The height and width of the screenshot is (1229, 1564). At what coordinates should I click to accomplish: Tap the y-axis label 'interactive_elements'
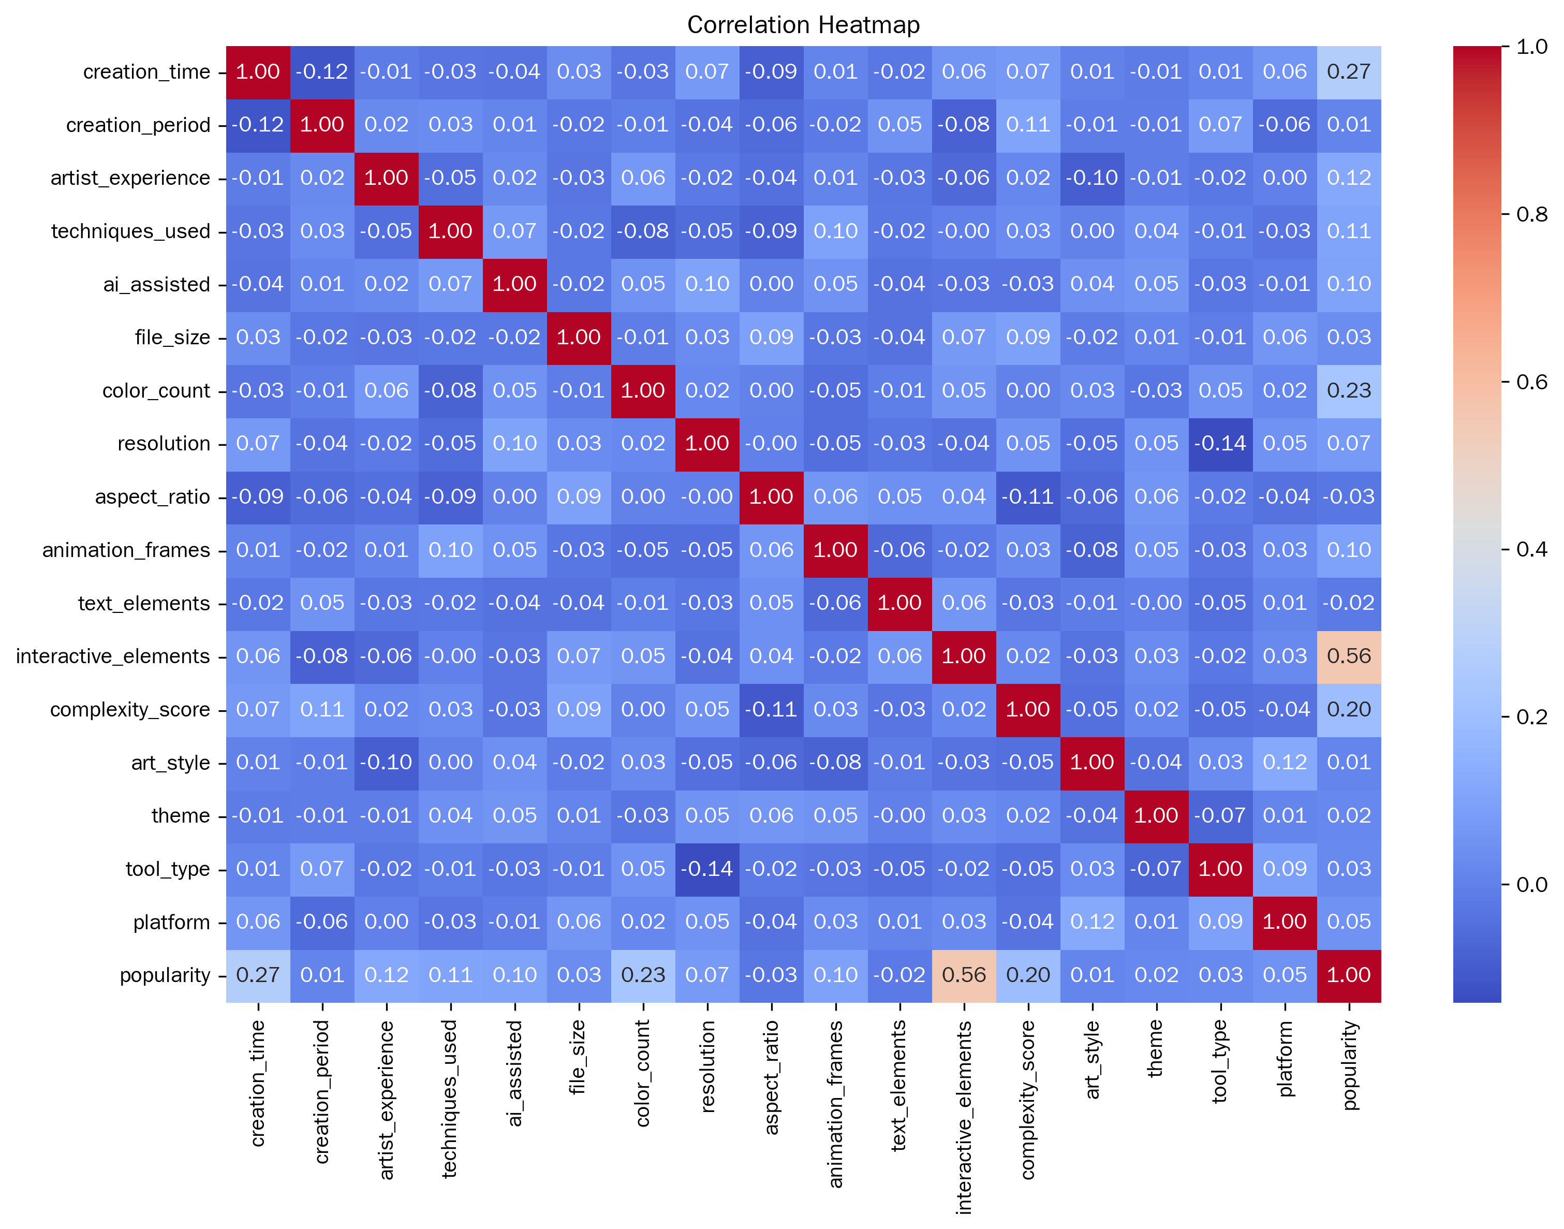(x=112, y=656)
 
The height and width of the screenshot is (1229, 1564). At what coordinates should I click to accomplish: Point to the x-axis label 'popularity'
(x=1350, y=1065)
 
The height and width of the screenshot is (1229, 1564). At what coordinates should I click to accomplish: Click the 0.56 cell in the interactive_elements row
(x=1349, y=656)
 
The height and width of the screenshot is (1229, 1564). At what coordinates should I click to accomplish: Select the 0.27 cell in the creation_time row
(x=1349, y=72)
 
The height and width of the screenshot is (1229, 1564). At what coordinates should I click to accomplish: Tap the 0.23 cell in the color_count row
(x=1349, y=391)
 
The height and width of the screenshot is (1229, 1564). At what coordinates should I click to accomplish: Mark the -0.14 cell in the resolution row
(x=1220, y=444)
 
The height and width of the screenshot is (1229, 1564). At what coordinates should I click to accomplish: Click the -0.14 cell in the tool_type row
(x=706, y=869)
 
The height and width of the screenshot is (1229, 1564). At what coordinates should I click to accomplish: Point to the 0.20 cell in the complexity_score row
(x=1349, y=709)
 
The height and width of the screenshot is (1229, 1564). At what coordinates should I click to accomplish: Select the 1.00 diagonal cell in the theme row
(x=1156, y=816)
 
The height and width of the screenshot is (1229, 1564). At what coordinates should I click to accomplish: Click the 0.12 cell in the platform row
(x=1092, y=921)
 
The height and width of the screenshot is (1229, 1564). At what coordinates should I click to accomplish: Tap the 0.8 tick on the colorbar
(x=1504, y=214)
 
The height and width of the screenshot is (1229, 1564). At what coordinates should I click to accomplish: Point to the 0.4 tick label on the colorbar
(x=1531, y=549)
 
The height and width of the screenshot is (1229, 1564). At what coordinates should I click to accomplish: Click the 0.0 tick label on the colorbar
(x=1531, y=884)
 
